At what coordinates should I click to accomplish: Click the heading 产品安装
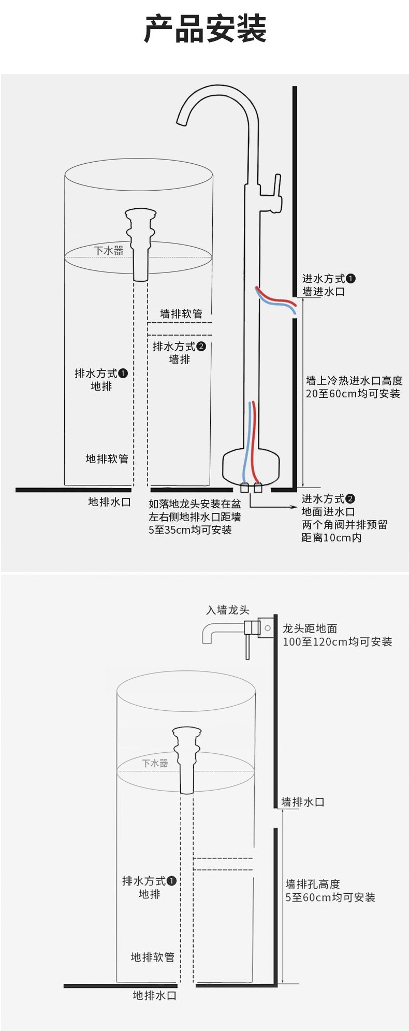(205, 30)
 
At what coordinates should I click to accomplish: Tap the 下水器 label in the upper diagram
(109, 251)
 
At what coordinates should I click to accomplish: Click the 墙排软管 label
(181, 313)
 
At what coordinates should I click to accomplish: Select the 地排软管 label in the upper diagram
(107, 459)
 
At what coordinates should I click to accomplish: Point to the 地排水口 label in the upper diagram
(109, 502)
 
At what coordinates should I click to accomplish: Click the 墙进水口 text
(324, 292)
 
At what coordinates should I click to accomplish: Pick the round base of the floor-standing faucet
(251, 464)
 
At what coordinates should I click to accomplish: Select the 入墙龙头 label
(228, 610)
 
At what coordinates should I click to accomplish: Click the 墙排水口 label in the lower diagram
(303, 802)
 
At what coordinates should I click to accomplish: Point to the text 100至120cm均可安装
(338, 642)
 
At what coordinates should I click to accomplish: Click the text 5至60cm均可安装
(330, 897)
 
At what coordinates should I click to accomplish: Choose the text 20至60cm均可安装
(353, 394)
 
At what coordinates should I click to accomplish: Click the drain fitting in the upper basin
(140, 244)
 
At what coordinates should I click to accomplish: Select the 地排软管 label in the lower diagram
(153, 957)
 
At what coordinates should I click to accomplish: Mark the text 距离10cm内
(331, 538)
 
